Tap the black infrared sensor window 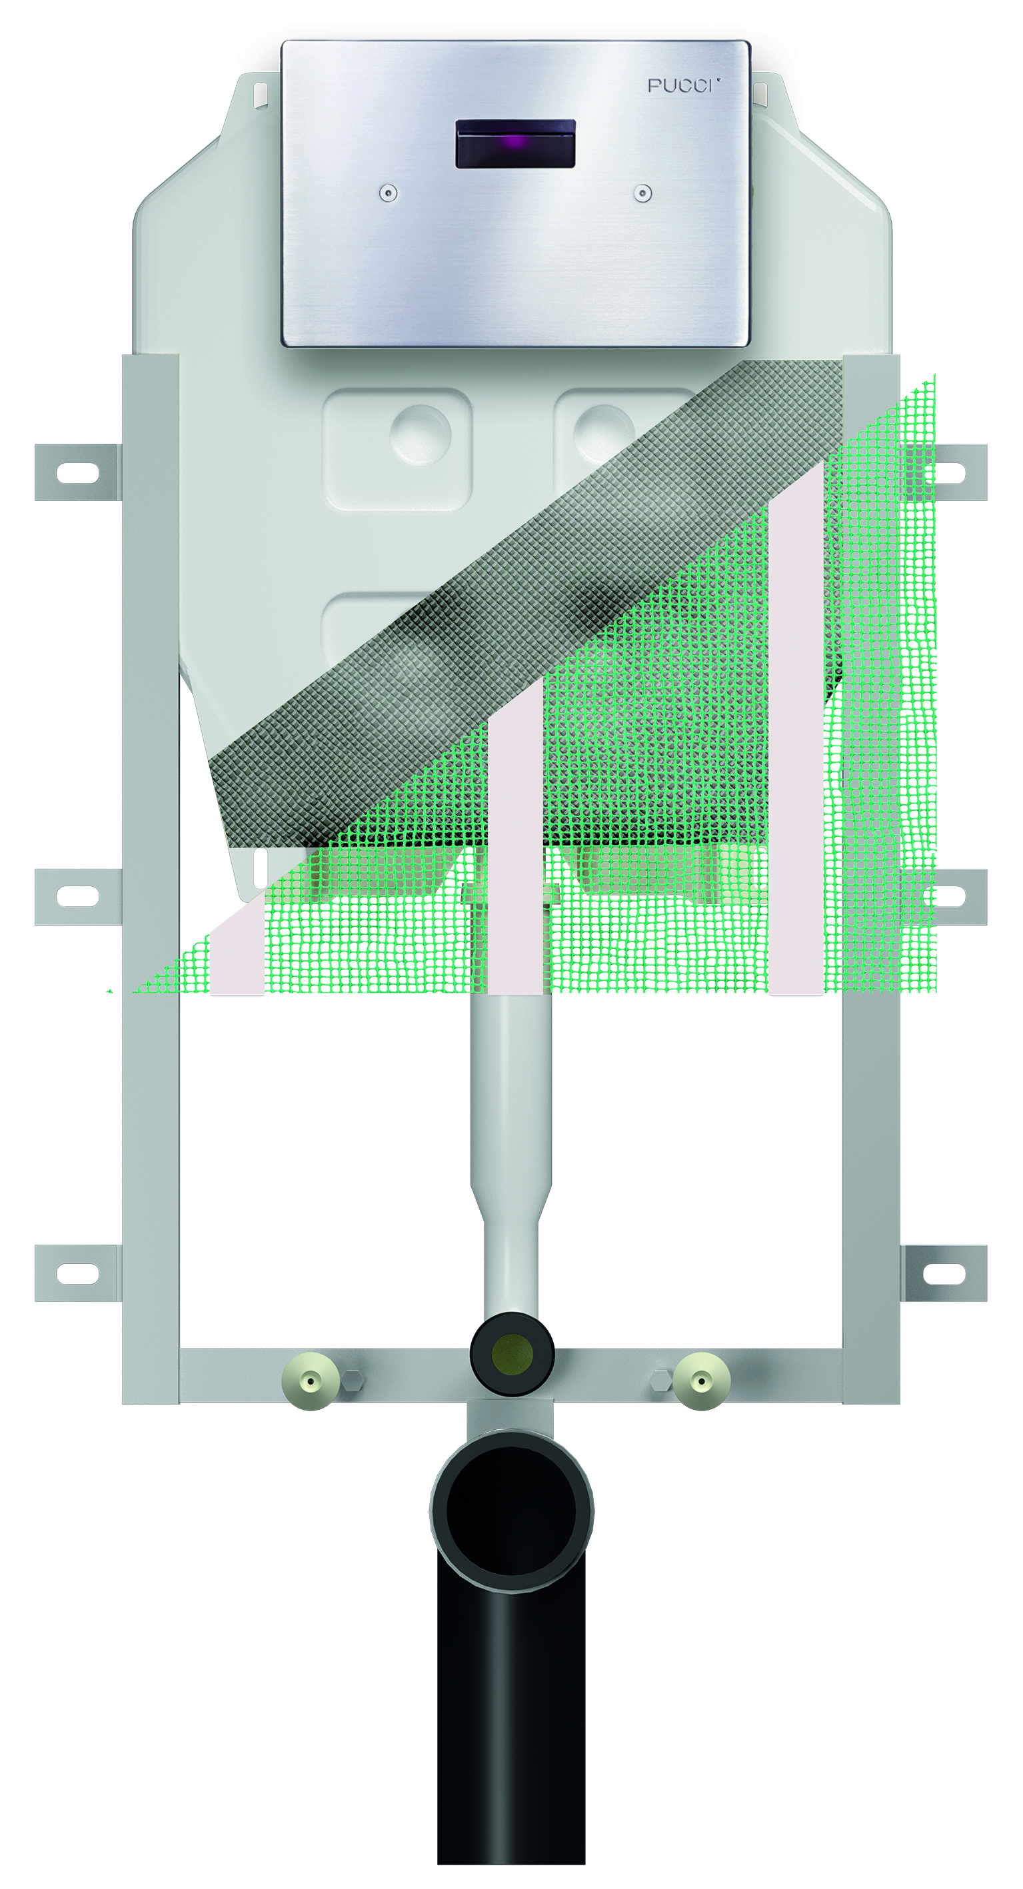(516, 143)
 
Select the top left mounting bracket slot (78, 473)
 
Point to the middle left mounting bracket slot (78, 896)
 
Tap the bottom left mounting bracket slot (78, 1274)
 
